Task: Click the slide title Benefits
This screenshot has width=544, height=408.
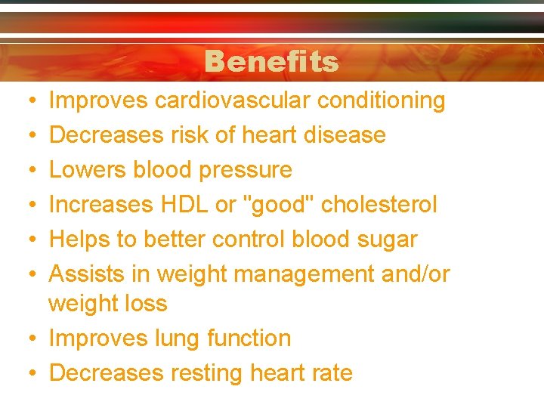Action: pyautogui.click(x=271, y=61)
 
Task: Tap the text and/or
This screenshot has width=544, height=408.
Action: pyautogui.click(x=416, y=274)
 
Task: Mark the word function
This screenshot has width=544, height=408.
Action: pyautogui.click(x=252, y=338)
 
